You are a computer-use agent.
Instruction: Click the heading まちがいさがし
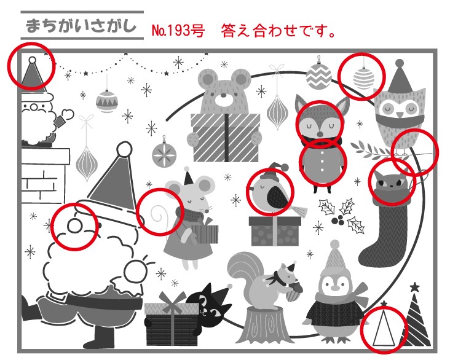(x=81, y=26)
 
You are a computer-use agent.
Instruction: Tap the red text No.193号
(x=178, y=30)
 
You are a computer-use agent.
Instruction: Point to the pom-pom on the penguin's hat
(x=334, y=245)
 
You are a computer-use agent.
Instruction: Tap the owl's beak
(x=400, y=115)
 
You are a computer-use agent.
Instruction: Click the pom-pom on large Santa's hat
(x=125, y=149)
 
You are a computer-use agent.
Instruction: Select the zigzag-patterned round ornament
(x=318, y=76)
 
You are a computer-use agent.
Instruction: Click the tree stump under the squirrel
(x=263, y=325)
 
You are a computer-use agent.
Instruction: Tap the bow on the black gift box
(x=172, y=303)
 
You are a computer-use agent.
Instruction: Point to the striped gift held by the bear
(x=226, y=138)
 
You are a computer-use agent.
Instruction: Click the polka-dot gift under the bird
(x=275, y=231)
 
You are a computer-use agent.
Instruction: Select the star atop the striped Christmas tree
(x=414, y=287)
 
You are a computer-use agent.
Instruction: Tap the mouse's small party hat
(x=188, y=178)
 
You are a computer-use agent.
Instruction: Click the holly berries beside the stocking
(x=339, y=220)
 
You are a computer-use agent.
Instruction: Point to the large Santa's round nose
(x=74, y=225)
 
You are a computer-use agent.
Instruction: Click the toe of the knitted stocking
(x=368, y=257)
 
